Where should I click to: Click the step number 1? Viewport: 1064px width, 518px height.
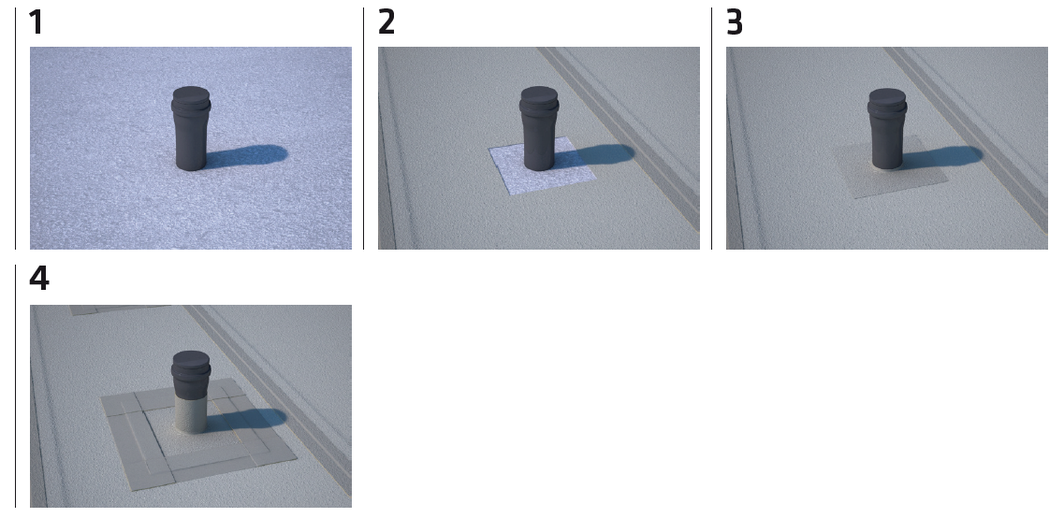[x=36, y=22]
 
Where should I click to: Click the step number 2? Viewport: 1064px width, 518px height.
[x=386, y=22]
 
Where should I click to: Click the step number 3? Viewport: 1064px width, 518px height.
[x=735, y=22]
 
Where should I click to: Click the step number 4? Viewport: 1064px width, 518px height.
[x=38, y=279]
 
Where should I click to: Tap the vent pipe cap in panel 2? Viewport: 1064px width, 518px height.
[x=539, y=99]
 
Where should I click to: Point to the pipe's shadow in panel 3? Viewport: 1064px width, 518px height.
[x=942, y=157]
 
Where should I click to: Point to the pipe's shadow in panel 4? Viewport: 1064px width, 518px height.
[x=248, y=420]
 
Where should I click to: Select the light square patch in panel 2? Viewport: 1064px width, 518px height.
[x=543, y=166]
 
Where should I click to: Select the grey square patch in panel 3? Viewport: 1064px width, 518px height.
[x=889, y=167]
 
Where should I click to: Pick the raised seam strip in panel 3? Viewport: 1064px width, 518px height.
[x=967, y=139]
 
